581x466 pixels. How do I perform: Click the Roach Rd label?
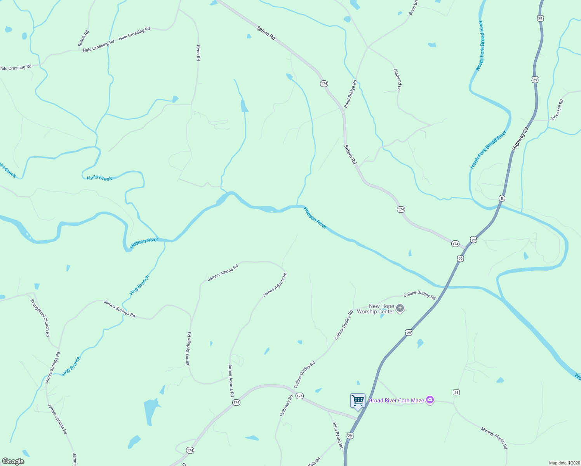83,38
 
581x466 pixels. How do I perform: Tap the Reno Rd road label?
198,53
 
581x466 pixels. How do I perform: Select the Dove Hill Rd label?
557,110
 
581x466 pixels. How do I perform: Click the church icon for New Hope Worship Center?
400,309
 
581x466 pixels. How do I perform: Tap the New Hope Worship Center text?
376,309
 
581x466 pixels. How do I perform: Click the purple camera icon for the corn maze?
430,400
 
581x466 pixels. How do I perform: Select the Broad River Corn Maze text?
396,400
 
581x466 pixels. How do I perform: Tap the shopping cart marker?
358,400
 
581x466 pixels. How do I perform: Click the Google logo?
13,461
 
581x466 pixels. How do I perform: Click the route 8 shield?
502,198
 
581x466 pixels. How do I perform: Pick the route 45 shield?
456,393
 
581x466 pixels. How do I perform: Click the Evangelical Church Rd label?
40,318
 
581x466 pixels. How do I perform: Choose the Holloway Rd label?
286,406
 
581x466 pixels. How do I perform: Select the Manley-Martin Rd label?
494,438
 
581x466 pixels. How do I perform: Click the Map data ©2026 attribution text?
564,463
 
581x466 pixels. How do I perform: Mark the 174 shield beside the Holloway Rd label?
299,396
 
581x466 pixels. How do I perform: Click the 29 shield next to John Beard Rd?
350,436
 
